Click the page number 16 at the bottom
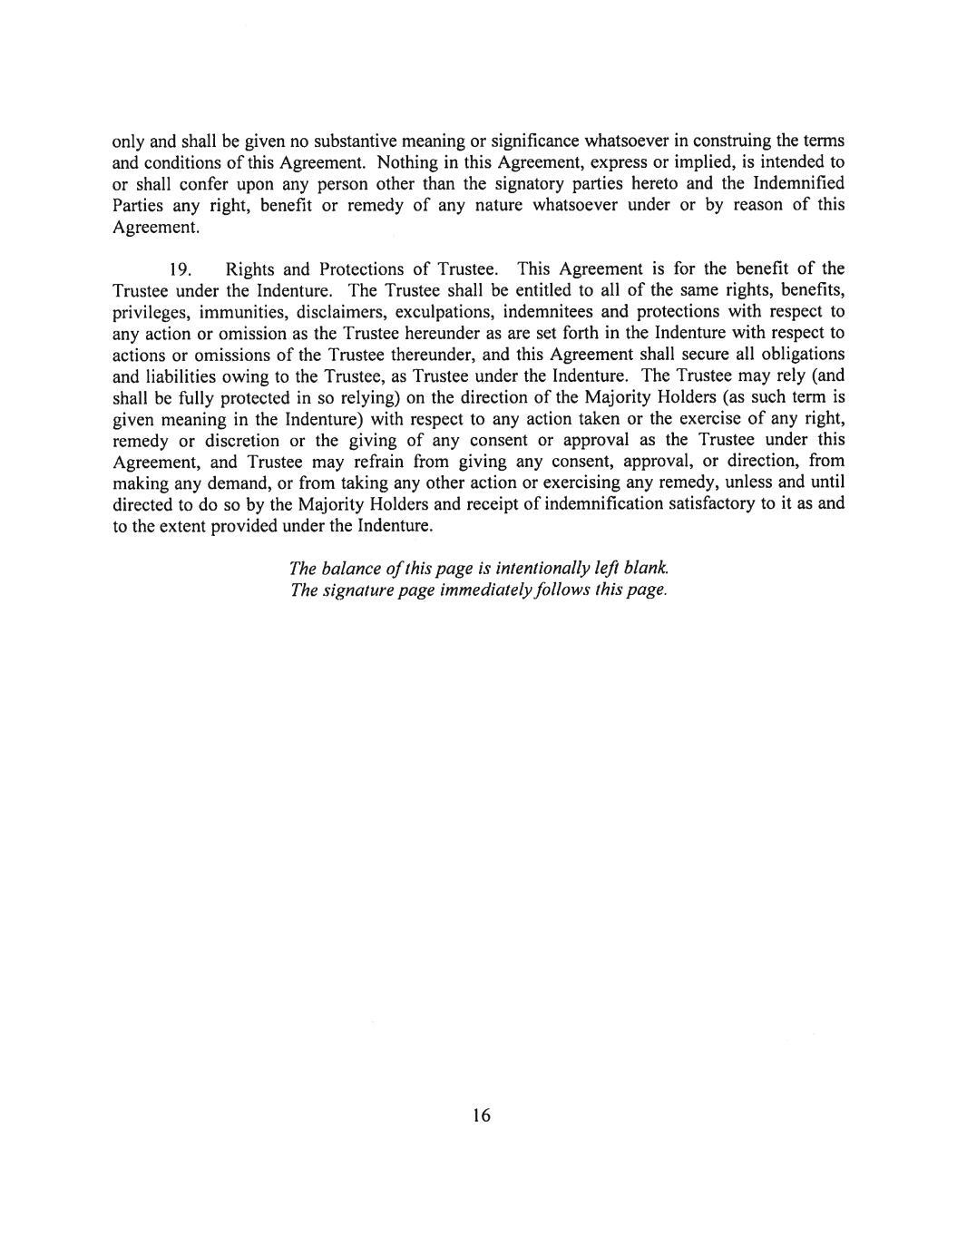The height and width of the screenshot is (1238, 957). (481, 1116)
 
